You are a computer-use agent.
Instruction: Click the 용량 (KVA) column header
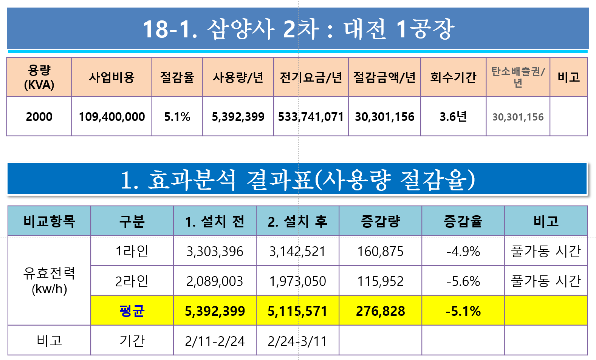click(39, 77)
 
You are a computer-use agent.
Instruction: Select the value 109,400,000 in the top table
click(112, 117)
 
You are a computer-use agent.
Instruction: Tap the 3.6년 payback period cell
click(453, 116)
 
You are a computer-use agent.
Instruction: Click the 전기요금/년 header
click(311, 77)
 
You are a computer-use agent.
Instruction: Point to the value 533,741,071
click(311, 117)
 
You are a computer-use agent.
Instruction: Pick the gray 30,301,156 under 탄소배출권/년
click(518, 117)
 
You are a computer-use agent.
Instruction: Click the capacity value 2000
click(39, 117)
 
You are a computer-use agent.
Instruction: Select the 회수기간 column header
click(453, 77)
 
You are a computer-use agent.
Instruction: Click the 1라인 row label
click(132, 251)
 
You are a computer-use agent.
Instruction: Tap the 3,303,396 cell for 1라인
click(215, 252)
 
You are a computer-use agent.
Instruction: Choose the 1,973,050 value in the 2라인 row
click(297, 281)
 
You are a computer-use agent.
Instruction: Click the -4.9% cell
click(463, 252)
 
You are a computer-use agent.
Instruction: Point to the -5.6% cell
click(463, 281)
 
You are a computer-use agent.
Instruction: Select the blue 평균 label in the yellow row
click(132, 311)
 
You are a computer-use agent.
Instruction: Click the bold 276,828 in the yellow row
click(381, 311)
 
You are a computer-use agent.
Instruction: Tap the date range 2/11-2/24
click(215, 341)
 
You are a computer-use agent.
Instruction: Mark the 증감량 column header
click(381, 221)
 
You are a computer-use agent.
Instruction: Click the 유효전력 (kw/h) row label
click(49, 281)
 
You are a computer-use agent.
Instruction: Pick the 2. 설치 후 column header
click(297, 221)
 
